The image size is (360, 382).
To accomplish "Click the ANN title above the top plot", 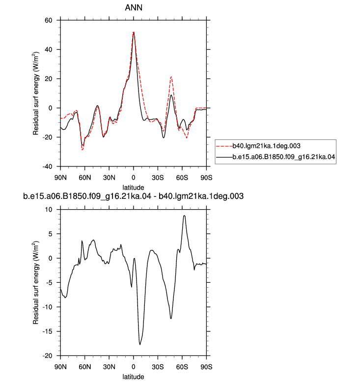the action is pos(134,7).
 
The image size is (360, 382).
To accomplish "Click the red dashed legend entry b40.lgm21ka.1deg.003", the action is pos(266,146).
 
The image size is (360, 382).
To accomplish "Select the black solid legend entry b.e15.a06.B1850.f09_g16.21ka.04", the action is pos(284,157).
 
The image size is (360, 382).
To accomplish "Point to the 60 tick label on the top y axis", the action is pos(49,20).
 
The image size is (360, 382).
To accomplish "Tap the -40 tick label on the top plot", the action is pos(47,166).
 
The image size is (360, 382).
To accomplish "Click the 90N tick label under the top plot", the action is pos(60,178).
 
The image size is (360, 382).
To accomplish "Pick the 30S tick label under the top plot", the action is pos(158,178).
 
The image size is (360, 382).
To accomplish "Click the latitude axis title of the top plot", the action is pos(133,188).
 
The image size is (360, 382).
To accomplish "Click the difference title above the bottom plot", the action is pos(133,196).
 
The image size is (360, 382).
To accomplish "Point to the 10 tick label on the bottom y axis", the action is pos(49,210).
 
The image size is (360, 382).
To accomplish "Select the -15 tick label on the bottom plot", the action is pos(47,331).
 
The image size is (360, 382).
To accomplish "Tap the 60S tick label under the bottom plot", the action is pos(182,367).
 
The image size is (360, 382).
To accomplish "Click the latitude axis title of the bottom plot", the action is pos(133,377).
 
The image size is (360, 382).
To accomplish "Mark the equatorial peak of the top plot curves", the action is pos(134,32).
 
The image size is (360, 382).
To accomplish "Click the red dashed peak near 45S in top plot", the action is pos(171,77).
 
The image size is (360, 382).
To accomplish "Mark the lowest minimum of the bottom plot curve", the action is pos(140,345).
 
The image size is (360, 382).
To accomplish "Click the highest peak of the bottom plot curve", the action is pos(184,216).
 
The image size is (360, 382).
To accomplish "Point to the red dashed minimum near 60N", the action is pos(83,150).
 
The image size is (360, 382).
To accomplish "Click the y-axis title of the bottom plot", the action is pos(36,283).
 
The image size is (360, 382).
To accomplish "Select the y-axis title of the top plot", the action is pos(36,93).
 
